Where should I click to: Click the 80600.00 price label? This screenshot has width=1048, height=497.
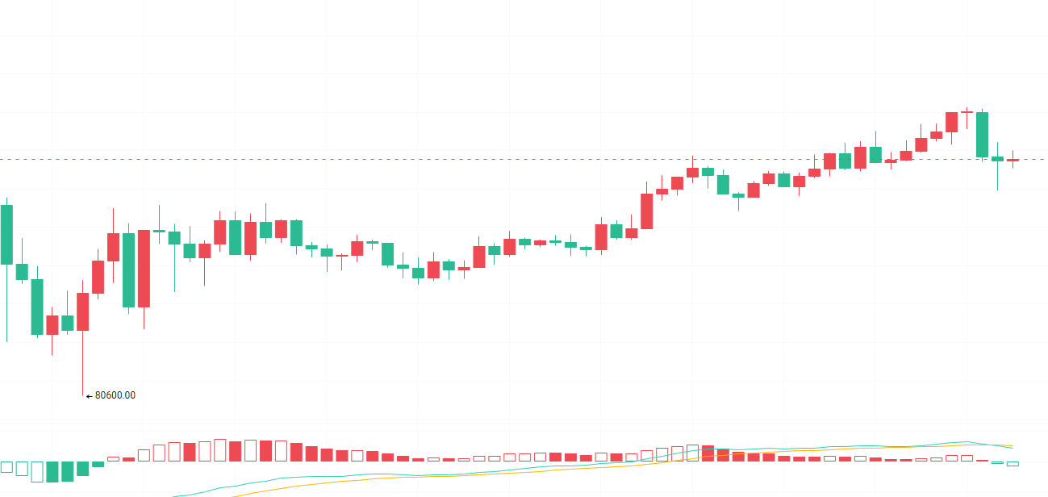click(x=115, y=395)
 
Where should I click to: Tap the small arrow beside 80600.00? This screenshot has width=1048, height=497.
click(x=89, y=396)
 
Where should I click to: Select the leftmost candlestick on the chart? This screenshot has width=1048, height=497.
click(x=6, y=234)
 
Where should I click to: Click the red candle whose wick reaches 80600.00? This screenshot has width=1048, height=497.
click(x=82, y=311)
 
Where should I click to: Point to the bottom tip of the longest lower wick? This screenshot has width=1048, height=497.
click(x=82, y=396)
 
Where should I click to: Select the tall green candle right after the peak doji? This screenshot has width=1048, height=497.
click(x=982, y=134)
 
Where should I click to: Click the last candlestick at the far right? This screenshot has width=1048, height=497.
click(x=1013, y=160)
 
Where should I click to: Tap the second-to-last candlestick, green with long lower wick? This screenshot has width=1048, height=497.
click(x=997, y=159)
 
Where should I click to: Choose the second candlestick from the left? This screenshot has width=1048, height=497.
click(x=22, y=271)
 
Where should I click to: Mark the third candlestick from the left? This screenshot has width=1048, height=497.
click(x=37, y=307)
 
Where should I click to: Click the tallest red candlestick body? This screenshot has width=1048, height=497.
click(x=144, y=269)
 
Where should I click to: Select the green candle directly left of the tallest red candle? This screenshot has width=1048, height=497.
click(x=128, y=270)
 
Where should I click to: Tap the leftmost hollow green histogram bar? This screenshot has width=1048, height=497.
click(x=6, y=467)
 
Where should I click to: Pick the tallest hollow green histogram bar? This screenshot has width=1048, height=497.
click(x=37, y=471)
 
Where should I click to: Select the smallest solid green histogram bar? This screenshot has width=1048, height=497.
click(x=98, y=464)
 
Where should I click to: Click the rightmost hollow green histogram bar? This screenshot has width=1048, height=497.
click(x=1013, y=463)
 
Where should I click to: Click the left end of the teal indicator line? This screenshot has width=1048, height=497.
click(x=173, y=495)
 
